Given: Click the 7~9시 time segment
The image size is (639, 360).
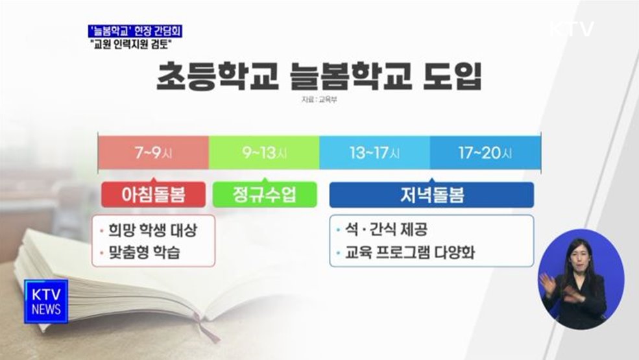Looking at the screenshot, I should pyautogui.click(x=153, y=153).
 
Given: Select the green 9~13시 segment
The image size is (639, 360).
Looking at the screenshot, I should pyautogui.click(x=264, y=153).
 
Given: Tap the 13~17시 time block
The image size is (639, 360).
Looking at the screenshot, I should pyautogui.click(x=374, y=153).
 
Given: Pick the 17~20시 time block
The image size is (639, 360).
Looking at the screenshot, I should pyautogui.click(x=485, y=153).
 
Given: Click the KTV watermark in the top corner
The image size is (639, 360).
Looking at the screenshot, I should pyautogui.click(x=572, y=29).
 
